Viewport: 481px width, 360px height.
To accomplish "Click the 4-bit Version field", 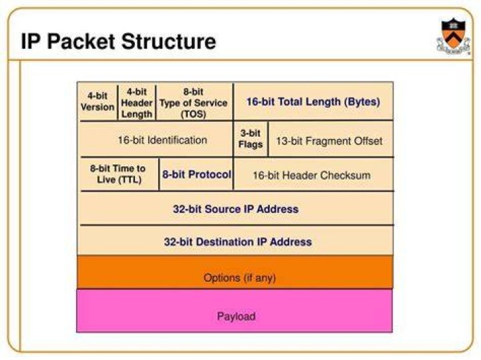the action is pyautogui.click(x=98, y=102).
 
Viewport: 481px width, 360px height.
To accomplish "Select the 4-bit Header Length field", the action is pyautogui.click(x=137, y=102).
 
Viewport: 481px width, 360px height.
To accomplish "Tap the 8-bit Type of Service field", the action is pyautogui.click(x=194, y=102).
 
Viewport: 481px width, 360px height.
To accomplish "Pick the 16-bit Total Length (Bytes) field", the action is pyautogui.click(x=313, y=102).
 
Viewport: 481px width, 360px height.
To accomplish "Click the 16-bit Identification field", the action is pyautogui.click(x=156, y=139).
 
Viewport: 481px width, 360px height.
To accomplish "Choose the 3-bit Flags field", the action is pyautogui.click(x=251, y=139).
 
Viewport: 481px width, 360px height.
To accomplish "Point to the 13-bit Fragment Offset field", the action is pyautogui.click(x=331, y=140).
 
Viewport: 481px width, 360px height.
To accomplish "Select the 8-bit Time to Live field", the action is pyautogui.click(x=120, y=174).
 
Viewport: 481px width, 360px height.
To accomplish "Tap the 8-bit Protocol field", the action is pyautogui.click(x=196, y=174).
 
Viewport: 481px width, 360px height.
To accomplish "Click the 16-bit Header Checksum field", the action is pyautogui.click(x=313, y=174).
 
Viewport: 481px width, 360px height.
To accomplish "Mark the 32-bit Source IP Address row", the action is pyautogui.click(x=236, y=208).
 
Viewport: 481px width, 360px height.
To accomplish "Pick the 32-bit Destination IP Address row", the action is pyautogui.click(x=236, y=241).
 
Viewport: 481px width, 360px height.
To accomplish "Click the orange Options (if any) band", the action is pyautogui.click(x=235, y=273).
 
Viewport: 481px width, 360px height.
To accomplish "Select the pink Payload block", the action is pyautogui.click(x=234, y=311).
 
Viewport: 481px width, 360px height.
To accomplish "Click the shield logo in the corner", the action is pyautogui.click(x=453, y=37).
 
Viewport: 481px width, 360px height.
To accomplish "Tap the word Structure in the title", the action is pyautogui.click(x=168, y=41).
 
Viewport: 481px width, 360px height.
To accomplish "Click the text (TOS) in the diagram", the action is pyautogui.click(x=193, y=114).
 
